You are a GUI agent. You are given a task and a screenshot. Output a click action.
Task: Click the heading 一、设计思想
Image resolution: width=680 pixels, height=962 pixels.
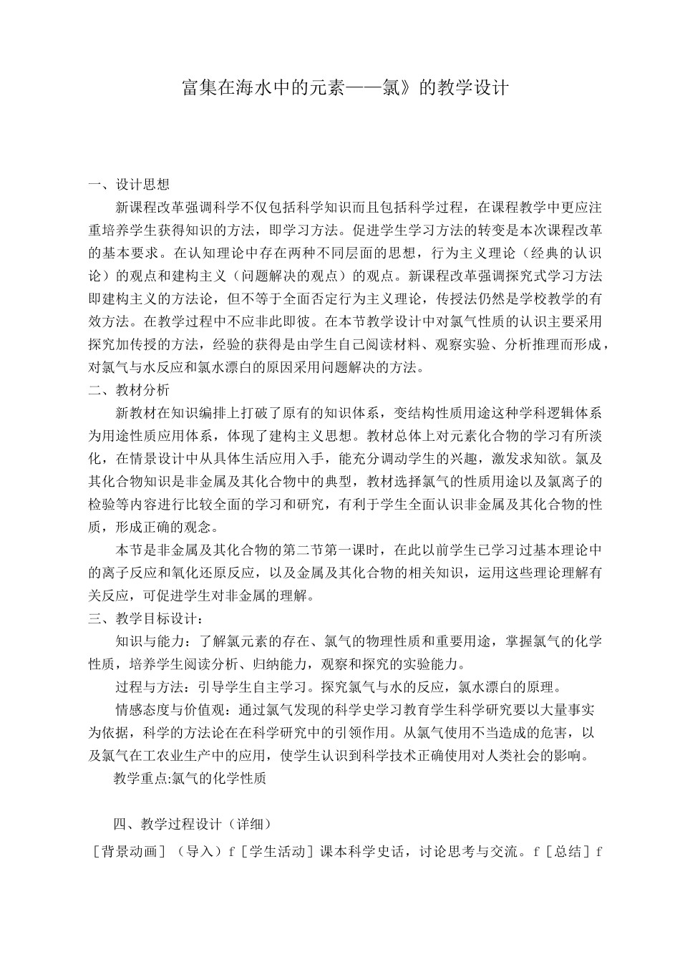pos(129,185)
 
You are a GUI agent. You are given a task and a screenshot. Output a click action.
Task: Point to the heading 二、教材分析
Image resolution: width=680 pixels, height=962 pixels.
pos(129,390)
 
